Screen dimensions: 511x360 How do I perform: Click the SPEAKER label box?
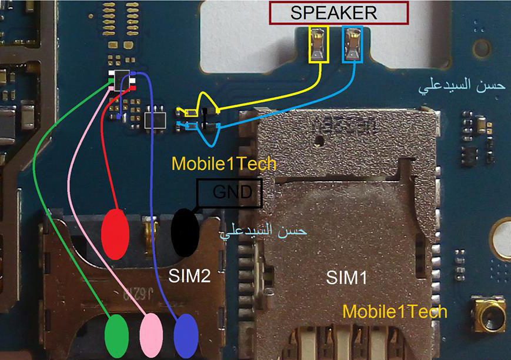[x=338, y=13]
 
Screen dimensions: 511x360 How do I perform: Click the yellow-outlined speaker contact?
[x=319, y=45]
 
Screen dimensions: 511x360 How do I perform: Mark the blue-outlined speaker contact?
[x=353, y=45]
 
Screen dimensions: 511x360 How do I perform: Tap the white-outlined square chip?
[x=156, y=116]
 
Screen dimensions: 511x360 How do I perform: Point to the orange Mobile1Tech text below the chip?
[x=224, y=163]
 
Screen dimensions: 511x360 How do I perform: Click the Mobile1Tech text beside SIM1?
[x=395, y=311]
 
